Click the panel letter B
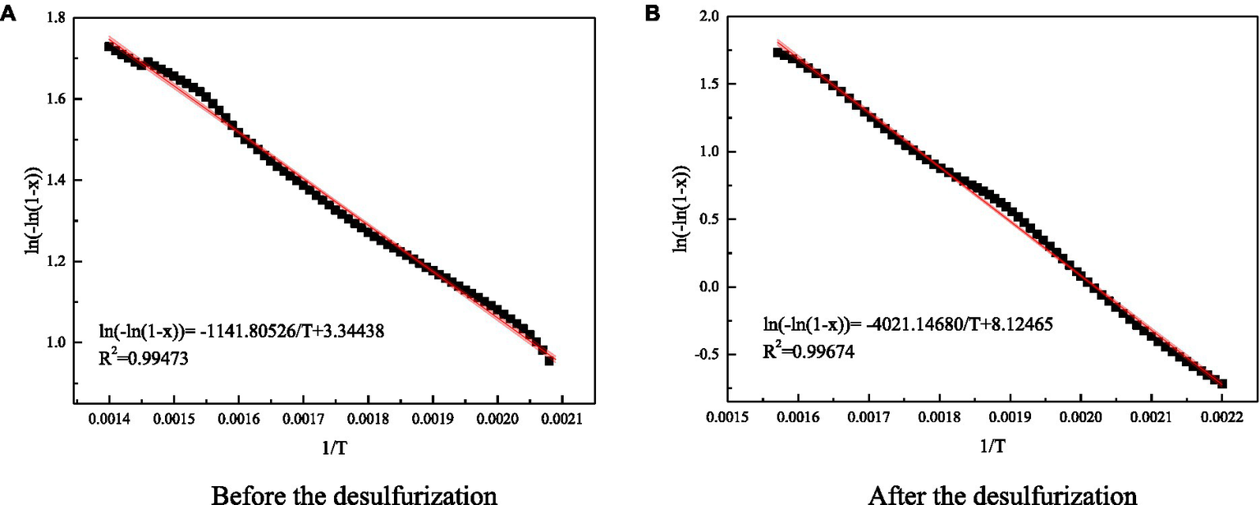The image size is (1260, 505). coord(653,14)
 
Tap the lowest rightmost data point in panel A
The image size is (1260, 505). coord(549,360)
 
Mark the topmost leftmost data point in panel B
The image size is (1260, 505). coord(778,53)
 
